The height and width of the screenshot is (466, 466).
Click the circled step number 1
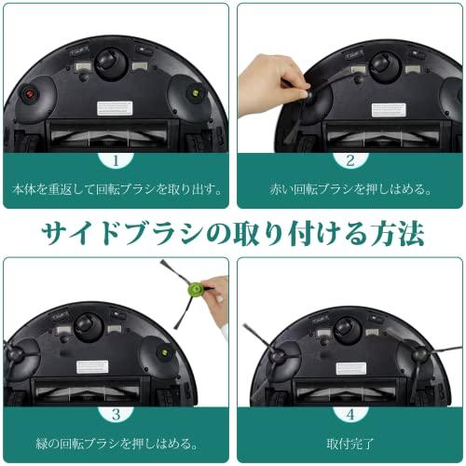pos(116,159)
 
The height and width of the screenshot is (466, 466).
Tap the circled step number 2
pos(350,159)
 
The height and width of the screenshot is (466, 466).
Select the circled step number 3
pos(116,413)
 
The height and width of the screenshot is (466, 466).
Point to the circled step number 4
pos(350,413)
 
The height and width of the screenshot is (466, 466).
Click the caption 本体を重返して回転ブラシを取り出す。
pos(116,189)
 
